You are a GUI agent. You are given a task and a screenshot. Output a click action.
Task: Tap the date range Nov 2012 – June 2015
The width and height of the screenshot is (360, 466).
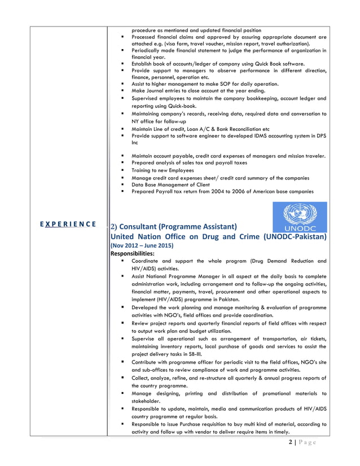(142, 246)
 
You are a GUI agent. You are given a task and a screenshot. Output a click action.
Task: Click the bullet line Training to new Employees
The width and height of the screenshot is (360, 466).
(163, 170)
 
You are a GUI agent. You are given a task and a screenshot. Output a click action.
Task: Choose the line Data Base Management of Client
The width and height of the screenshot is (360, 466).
(170, 184)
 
